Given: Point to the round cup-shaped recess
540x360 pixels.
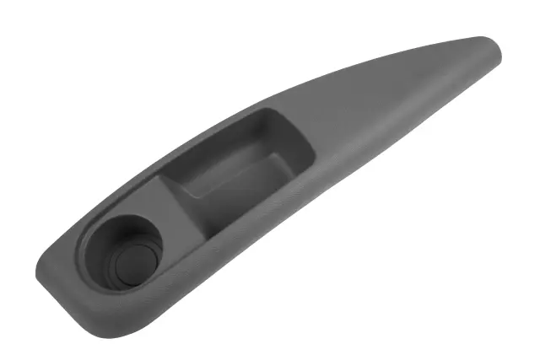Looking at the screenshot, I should (x=127, y=253).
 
